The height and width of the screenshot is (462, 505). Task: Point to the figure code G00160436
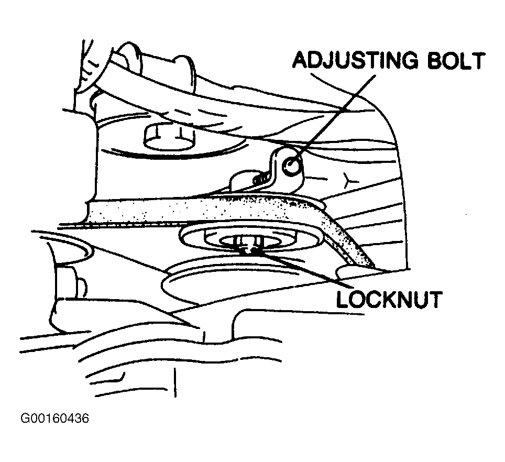[54, 419]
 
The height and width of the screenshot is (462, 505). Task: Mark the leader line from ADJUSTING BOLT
[335, 112]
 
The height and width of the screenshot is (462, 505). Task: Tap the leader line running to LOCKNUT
[299, 270]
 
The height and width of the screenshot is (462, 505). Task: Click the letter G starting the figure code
[25, 419]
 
